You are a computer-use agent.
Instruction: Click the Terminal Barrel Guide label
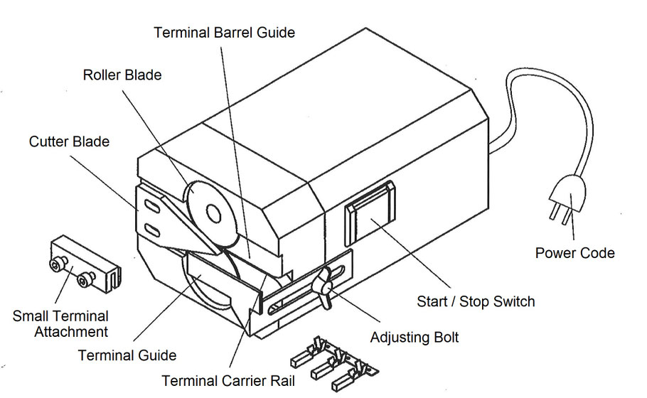pyautogui.click(x=225, y=32)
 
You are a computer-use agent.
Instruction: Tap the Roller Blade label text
pyautogui.click(x=122, y=75)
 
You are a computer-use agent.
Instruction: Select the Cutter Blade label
pyautogui.click(x=69, y=141)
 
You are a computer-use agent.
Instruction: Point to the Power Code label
pyautogui.click(x=574, y=252)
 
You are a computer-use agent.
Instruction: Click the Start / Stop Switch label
pyautogui.click(x=476, y=301)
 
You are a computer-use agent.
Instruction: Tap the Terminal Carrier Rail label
pyautogui.click(x=228, y=381)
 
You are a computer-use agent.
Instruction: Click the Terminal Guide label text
pyautogui.click(x=127, y=355)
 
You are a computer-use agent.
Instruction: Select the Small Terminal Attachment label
pyautogui.click(x=60, y=323)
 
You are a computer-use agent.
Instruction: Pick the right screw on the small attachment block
pyautogui.click(x=86, y=282)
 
